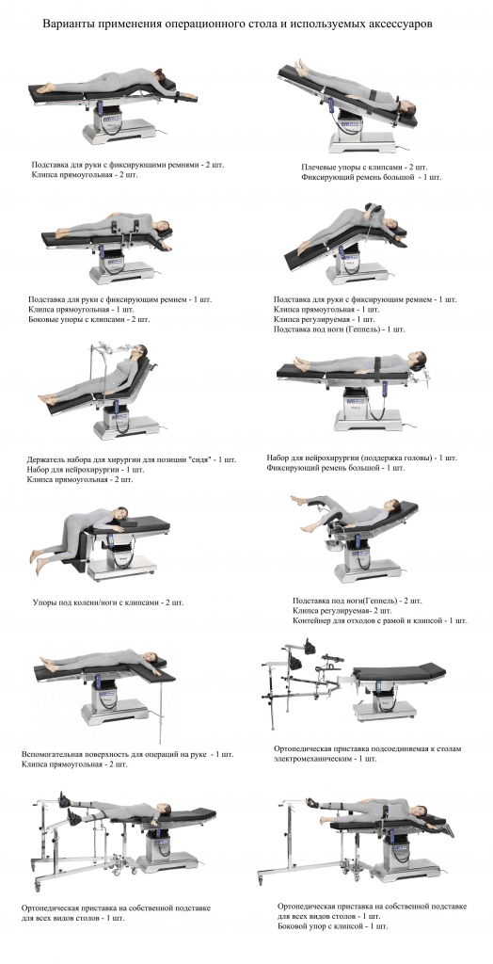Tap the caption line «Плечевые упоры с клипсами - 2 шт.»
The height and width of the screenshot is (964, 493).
(x=364, y=168)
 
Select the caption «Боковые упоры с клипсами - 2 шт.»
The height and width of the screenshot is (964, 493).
(x=89, y=319)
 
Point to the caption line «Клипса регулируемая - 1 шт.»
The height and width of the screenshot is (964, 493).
(x=325, y=320)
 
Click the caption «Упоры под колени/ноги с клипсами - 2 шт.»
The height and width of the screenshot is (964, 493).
(x=108, y=602)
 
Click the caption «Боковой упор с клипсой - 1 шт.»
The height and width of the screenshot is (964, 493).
(x=333, y=926)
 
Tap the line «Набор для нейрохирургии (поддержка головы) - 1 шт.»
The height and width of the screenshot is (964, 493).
(x=362, y=458)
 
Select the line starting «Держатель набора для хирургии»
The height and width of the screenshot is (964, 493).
(x=132, y=459)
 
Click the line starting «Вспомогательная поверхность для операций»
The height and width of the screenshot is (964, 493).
(x=128, y=754)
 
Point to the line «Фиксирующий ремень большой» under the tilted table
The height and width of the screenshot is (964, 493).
(x=372, y=177)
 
